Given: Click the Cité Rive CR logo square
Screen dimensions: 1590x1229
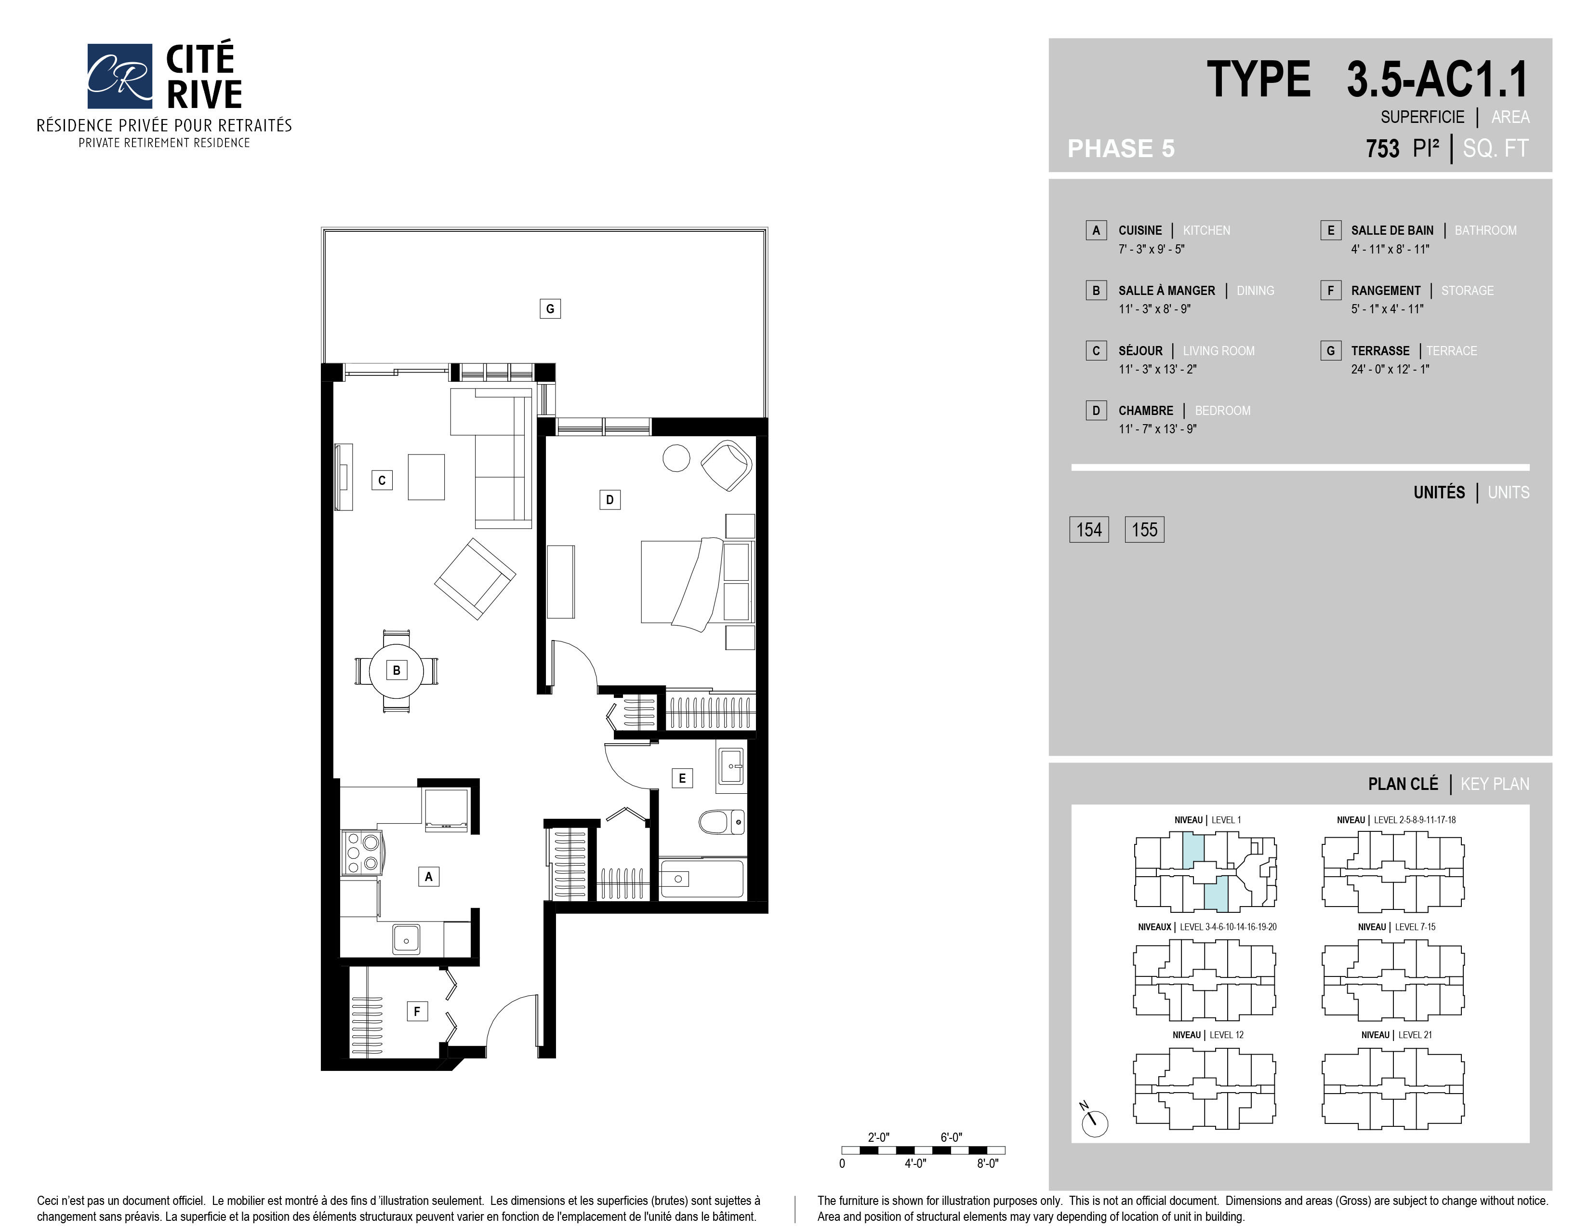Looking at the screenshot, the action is click(x=119, y=76).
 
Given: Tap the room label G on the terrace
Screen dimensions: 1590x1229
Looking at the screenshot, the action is click(x=550, y=309).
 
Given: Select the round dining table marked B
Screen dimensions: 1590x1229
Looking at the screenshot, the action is click(x=396, y=670).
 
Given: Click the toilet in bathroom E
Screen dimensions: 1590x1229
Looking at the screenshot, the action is click(x=721, y=822).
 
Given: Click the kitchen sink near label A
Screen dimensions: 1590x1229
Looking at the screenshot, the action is click(x=406, y=939).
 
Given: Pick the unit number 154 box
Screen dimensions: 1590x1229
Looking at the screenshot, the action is click(x=1089, y=529).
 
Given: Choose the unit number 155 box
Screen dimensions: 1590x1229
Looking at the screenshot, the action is click(x=1144, y=529).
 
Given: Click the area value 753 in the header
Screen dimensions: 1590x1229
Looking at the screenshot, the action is click(x=1382, y=148).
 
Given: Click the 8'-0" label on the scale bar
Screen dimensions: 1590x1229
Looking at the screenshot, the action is click(x=988, y=1163).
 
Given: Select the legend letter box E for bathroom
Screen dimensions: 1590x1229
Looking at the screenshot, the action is click(x=1331, y=230).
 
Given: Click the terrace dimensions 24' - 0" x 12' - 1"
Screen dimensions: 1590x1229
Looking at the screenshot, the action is click(x=1390, y=369).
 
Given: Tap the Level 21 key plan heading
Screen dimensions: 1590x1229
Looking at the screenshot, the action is click(x=1396, y=1035).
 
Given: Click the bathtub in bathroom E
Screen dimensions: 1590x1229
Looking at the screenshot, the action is click(x=702, y=879).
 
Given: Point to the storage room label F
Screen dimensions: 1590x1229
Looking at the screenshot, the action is click(x=417, y=1011).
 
